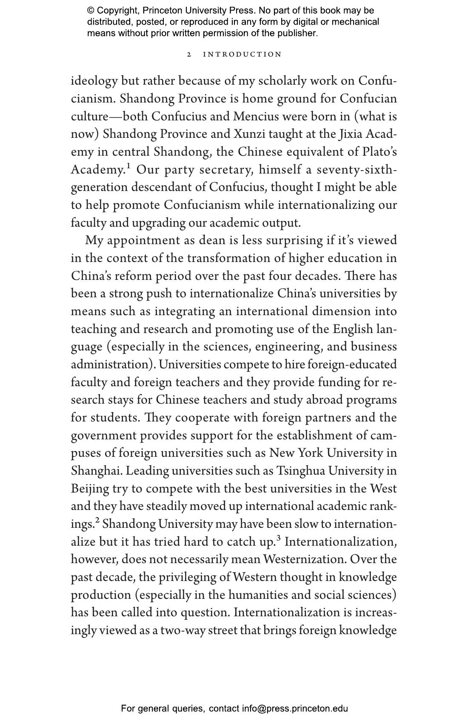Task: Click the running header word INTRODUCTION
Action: [x=242, y=54]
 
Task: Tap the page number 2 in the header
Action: [x=189, y=54]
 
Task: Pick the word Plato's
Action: [x=380, y=152]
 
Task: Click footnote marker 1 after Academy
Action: [x=128, y=166]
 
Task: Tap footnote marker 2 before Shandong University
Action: [x=97, y=520]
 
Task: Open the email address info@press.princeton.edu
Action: [x=295, y=709]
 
